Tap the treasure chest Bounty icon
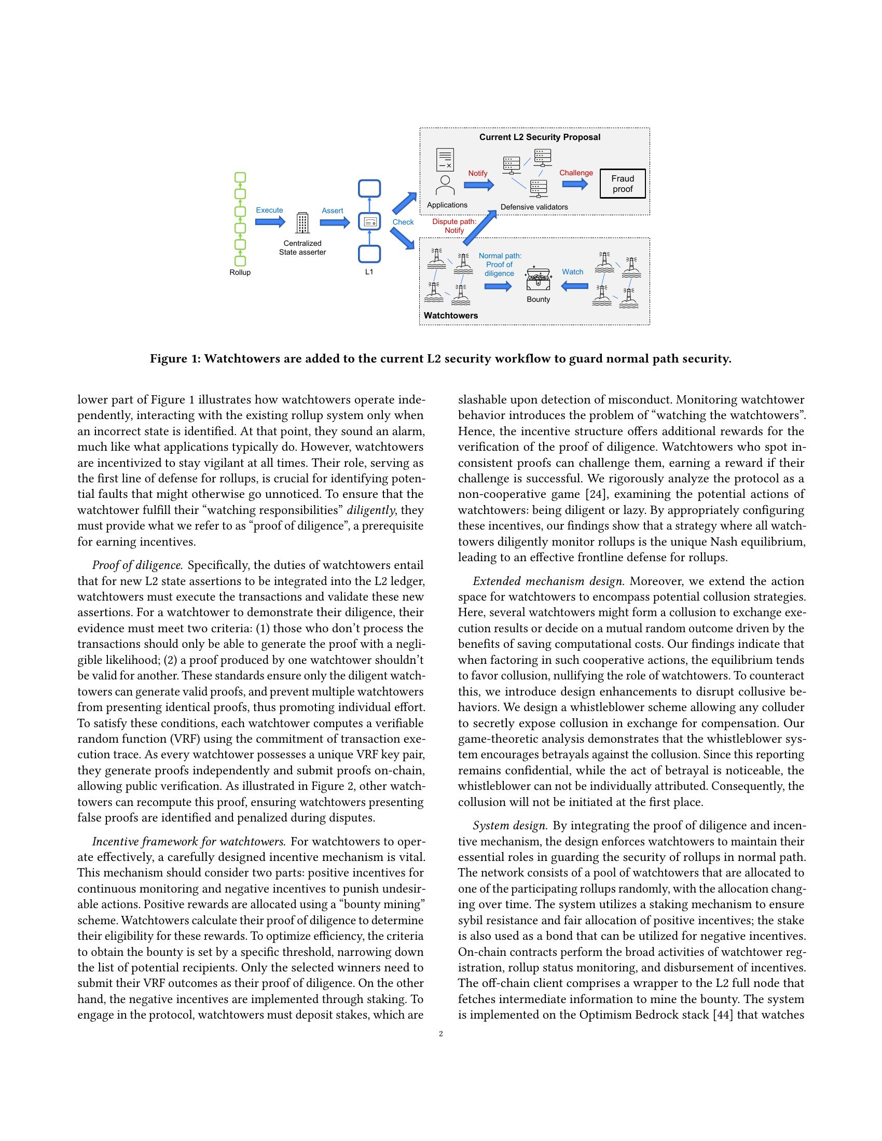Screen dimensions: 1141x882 (x=538, y=280)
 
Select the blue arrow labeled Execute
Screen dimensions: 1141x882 (x=270, y=221)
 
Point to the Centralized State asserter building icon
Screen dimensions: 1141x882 (x=302, y=223)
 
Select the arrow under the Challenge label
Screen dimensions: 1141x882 (x=575, y=184)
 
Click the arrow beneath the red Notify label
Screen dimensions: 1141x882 (x=479, y=185)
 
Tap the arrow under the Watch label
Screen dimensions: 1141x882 (x=574, y=286)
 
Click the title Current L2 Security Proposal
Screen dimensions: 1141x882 (x=540, y=137)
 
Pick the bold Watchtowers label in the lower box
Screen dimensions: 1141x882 (x=450, y=315)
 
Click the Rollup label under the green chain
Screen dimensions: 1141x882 (x=240, y=273)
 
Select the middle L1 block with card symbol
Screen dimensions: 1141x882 (x=369, y=222)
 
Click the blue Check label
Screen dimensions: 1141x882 (x=403, y=222)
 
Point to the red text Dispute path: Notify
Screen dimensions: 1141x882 (x=454, y=226)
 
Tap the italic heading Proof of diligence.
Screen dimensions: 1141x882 (x=138, y=565)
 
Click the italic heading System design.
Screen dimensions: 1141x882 (x=510, y=826)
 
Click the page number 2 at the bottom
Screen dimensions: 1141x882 (x=441, y=1034)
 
